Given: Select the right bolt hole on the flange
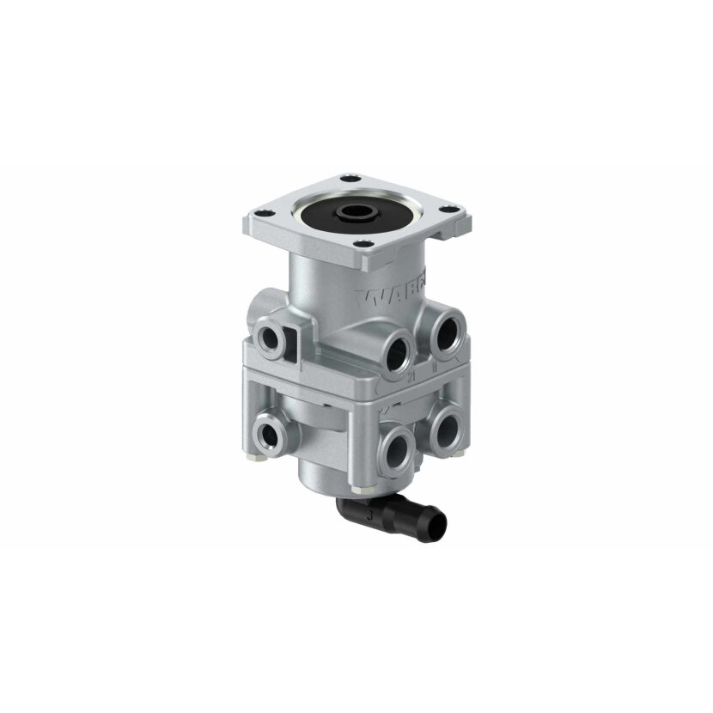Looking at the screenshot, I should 448,207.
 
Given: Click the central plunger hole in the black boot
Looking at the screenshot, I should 352,210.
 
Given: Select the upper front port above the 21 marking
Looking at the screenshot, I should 398,351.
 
